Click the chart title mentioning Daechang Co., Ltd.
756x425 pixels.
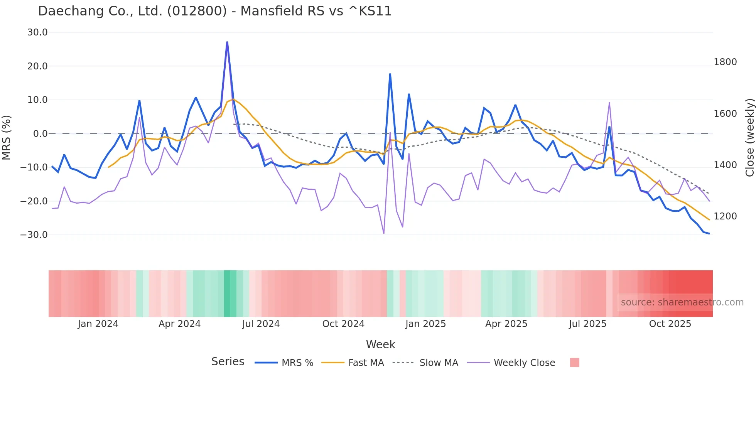point(214,11)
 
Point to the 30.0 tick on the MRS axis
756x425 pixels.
point(37,32)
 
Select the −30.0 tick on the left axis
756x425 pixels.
point(34,234)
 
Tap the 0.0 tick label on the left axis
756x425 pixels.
point(40,133)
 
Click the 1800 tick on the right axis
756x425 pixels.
point(725,62)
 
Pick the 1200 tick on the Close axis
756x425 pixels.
point(725,216)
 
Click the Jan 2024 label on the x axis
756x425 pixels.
point(98,324)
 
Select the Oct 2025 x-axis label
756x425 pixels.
point(670,324)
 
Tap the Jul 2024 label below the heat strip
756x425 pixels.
point(261,324)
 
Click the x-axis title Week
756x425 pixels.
point(380,344)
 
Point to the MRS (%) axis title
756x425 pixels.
point(6,137)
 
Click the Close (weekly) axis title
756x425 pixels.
point(749,137)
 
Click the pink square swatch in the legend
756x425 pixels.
point(574,363)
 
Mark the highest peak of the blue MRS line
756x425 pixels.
point(227,42)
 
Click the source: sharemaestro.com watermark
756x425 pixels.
point(682,302)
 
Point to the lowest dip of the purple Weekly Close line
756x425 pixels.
point(384,233)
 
